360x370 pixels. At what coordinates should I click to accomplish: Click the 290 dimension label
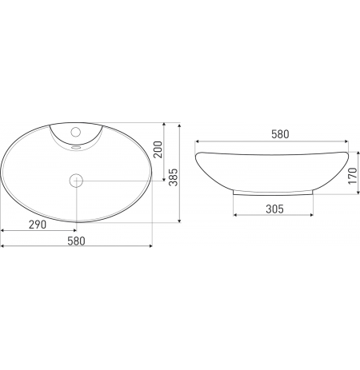point(38,225)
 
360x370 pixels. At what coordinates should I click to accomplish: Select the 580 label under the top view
point(76,241)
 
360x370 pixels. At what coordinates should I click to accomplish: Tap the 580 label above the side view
point(280,134)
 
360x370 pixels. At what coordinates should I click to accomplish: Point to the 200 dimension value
point(158,149)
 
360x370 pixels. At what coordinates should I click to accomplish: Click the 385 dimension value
point(174,177)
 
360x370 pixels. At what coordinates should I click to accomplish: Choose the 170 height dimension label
point(353,176)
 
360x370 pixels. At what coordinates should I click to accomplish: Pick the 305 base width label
point(274,209)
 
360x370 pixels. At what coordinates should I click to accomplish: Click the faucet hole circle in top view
point(76,132)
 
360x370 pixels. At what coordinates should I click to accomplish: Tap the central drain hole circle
point(76,181)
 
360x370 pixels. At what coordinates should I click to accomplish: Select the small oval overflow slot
point(76,147)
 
